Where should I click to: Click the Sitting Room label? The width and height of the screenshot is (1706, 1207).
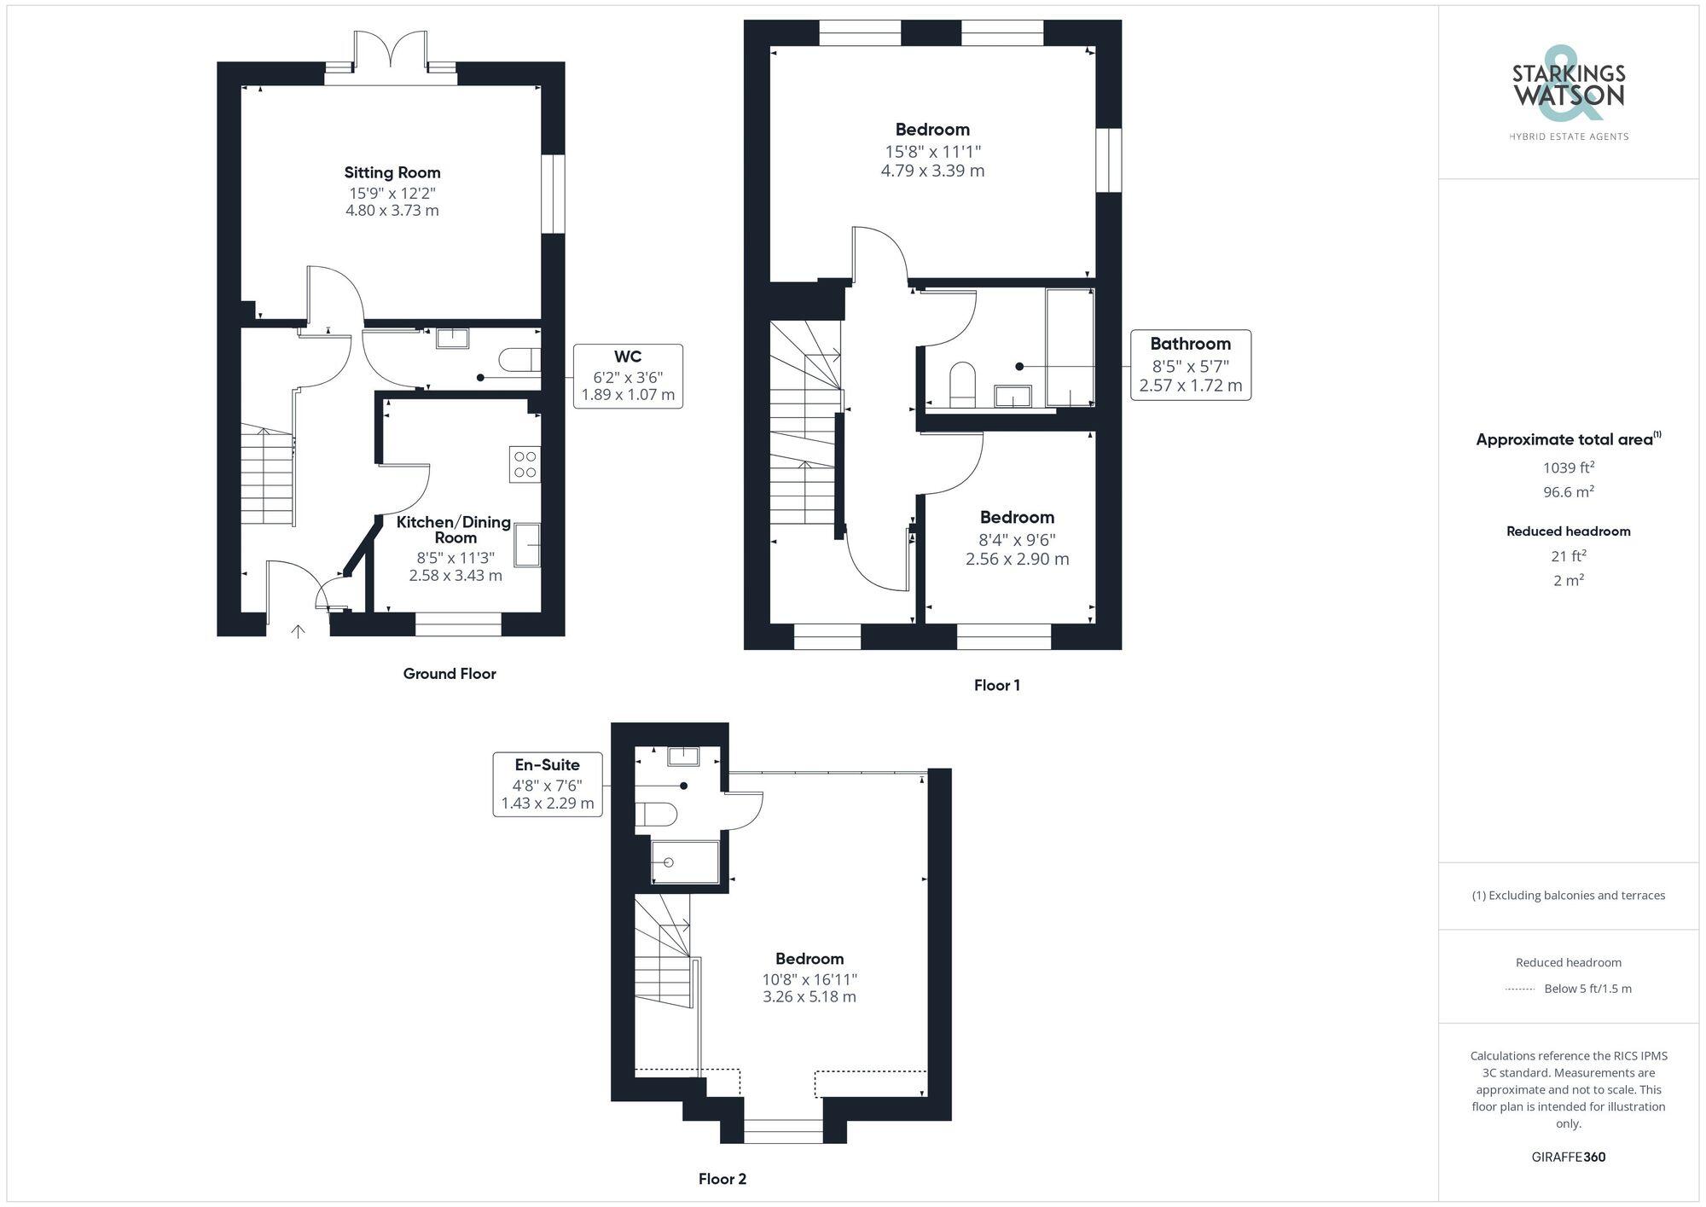tap(392, 172)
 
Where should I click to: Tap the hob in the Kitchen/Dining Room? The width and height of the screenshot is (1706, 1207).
tap(525, 464)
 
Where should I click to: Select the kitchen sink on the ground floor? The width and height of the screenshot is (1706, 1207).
tap(527, 544)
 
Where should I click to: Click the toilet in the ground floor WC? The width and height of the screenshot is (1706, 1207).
tap(519, 359)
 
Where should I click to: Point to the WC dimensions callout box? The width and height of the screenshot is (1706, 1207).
tap(628, 376)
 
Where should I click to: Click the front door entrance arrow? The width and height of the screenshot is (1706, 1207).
tap(298, 632)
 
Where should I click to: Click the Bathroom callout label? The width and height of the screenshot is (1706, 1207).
tap(1190, 345)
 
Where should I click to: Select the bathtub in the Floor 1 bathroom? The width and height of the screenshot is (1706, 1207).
tap(1070, 347)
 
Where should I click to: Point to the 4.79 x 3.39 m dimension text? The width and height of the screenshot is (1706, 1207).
tap(932, 171)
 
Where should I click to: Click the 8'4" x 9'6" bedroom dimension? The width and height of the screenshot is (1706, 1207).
tap(1017, 540)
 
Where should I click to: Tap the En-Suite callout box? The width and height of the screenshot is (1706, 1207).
tap(548, 784)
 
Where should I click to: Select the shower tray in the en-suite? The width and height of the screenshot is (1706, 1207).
tap(684, 862)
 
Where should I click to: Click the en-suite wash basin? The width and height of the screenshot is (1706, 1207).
tap(683, 756)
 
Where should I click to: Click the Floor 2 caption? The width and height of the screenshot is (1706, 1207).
tap(722, 1179)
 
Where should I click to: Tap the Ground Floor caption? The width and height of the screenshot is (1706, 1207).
tap(450, 674)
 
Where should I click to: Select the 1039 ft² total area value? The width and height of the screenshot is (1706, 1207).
tap(1568, 467)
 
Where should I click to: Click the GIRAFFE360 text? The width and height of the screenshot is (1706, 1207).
tap(1568, 1158)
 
